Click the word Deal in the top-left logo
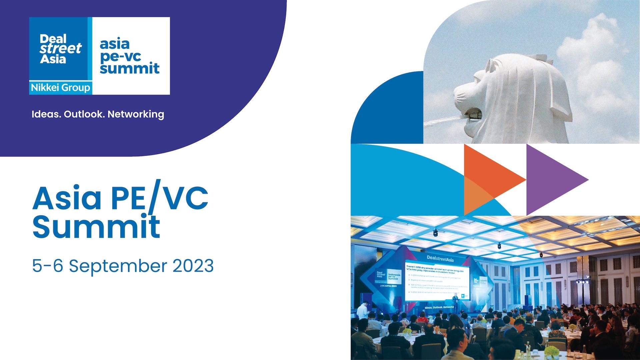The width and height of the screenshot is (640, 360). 53,39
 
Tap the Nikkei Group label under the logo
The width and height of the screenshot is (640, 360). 60,88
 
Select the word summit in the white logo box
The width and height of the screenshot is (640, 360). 130,68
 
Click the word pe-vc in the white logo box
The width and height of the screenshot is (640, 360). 120,56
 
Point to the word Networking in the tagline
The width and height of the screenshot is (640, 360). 136,114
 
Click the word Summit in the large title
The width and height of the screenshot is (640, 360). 96,227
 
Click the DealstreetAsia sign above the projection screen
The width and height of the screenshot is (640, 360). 440,258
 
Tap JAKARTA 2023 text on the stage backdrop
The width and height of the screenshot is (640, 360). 388,286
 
